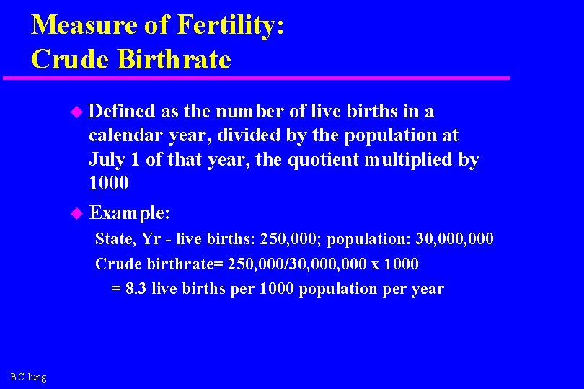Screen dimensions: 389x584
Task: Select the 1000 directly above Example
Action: (x=109, y=183)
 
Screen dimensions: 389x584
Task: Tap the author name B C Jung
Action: (x=29, y=377)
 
